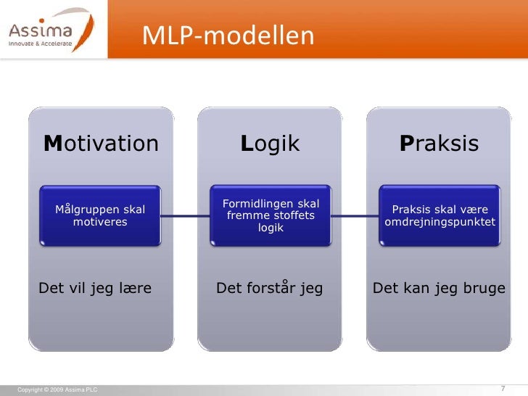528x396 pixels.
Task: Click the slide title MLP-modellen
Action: click(x=228, y=35)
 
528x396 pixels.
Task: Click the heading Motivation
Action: click(x=101, y=144)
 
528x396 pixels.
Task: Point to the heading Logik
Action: click(x=270, y=144)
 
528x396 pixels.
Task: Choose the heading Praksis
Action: click(x=439, y=144)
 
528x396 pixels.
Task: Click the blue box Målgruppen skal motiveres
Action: click(x=100, y=216)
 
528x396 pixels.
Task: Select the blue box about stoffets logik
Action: click(x=270, y=216)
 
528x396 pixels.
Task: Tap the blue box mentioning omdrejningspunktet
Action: click(x=440, y=216)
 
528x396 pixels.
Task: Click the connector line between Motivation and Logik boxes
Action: click(x=185, y=216)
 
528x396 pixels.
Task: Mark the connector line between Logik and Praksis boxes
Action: click(x=355, y=216)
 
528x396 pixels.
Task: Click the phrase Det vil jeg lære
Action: click(x=95, y=289)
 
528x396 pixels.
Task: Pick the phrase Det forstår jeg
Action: click(x=270, y=289)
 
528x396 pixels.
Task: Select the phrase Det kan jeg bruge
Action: click(x=439, y=289)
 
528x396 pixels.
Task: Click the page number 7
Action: click(x=503, y=389)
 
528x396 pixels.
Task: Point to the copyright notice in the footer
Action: click(x=57, y=390)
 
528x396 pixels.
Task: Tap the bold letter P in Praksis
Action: click(x=406, y=144)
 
